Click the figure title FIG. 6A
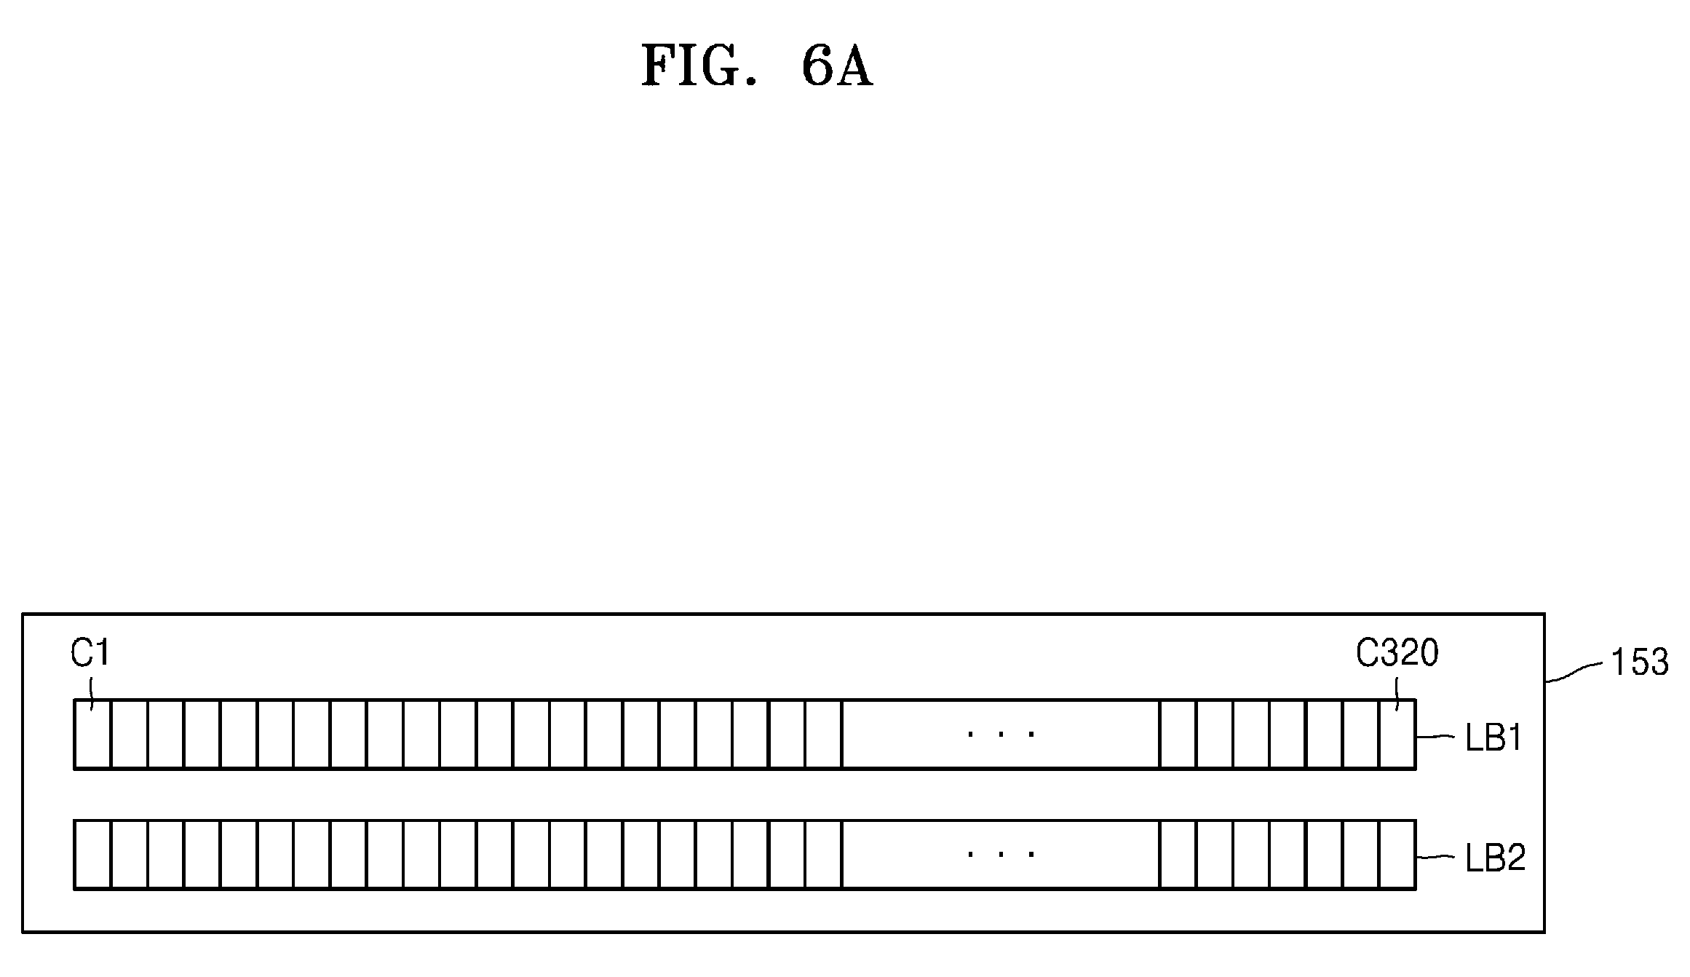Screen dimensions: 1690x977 tap(757, 67)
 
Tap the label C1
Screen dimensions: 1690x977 tap(90, 653)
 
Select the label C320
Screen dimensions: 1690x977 tap(1397, 653)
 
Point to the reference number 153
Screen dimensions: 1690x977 tap(1640, 662)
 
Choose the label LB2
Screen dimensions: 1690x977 tap(1495, 859)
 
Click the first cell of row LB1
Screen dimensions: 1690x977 tap(92, 734)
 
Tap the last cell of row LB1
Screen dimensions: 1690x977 tap(1397, 734)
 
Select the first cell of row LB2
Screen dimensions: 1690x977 tap(92, 854)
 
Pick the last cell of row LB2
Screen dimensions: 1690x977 tap(1397, 854)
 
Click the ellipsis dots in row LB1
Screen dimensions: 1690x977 tap(1001, 734)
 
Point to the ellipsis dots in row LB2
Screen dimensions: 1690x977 tap(1001, 854)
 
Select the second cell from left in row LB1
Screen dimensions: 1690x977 tap(130, 734)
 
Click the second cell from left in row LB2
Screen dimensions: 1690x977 tap(130, 854)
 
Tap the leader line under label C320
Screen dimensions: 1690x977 tap(1397, 695)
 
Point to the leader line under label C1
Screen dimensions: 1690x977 tap(92, 694)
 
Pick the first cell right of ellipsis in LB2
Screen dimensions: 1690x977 tap(1178, 854)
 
